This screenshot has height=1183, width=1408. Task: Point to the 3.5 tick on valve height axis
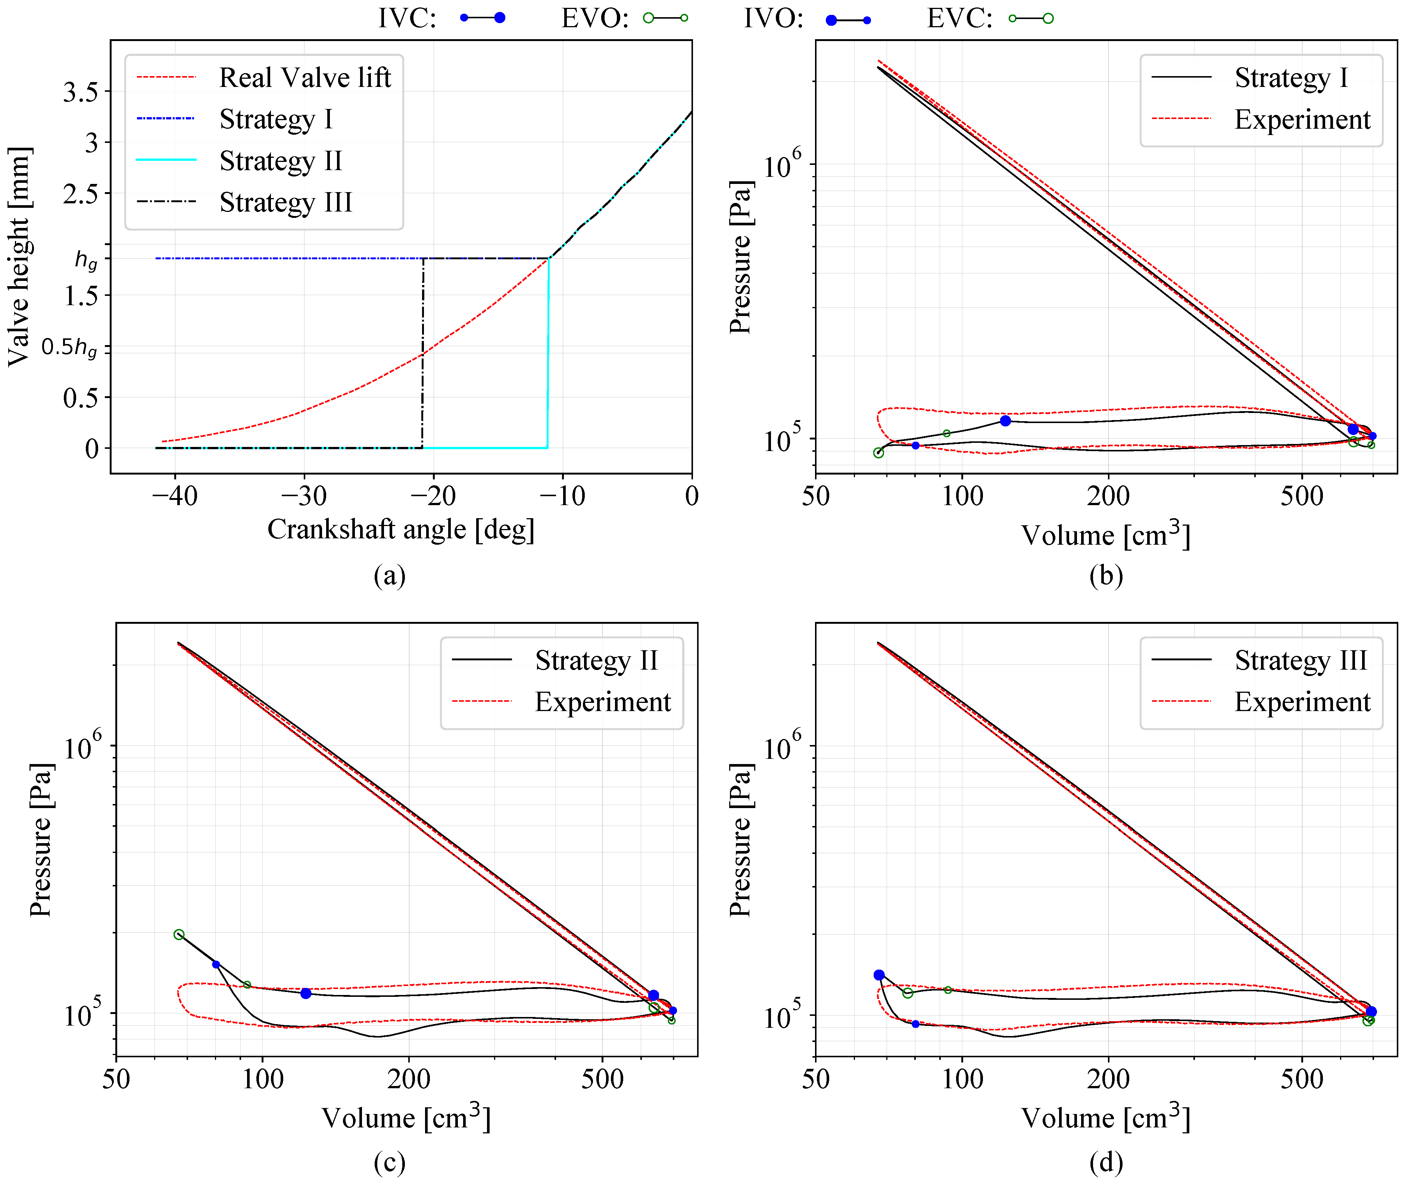81,92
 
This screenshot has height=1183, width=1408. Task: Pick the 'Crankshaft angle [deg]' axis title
400,529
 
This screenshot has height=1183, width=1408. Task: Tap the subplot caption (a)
389,575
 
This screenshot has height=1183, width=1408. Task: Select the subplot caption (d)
1105,1161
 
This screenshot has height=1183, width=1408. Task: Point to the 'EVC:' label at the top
959,18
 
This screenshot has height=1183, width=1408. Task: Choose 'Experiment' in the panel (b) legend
1302,119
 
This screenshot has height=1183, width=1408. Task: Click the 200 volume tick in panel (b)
1108,496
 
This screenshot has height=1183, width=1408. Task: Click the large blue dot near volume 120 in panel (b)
1005,420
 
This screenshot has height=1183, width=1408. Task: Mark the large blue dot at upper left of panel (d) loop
879,975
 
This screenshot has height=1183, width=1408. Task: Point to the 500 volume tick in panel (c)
602,1079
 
